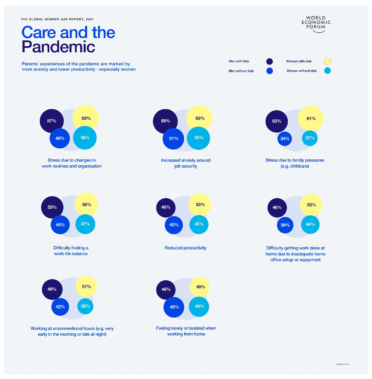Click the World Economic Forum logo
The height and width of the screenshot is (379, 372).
click(316, 24)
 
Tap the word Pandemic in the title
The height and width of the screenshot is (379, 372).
click(58, 47)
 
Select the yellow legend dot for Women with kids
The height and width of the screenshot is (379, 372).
click(327, 61)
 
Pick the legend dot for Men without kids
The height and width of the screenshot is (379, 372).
click(270, 71)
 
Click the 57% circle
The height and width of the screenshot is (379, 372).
click(52, 121)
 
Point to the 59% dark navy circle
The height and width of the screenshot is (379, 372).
click(165, 121)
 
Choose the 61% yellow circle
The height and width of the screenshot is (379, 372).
click(311, 118)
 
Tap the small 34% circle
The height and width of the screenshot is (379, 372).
click(285, 139)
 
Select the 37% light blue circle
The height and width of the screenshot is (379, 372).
click(310, 138)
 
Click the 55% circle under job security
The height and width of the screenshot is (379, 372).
click(199, 138)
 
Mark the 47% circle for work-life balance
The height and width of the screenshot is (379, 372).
click(85, 224)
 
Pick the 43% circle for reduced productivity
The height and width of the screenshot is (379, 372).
click(174, 225)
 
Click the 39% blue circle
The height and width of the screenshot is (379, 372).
click(285, 225)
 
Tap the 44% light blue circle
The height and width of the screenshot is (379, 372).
click(310, 224)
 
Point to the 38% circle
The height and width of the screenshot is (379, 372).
click(85, 306)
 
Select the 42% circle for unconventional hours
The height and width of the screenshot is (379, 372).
click(60, 307)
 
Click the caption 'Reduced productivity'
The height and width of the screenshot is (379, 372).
click(185, 248)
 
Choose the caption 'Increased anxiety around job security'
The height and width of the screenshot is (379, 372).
click(186, 163)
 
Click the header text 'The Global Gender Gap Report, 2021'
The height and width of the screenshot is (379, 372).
click(57, 19)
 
